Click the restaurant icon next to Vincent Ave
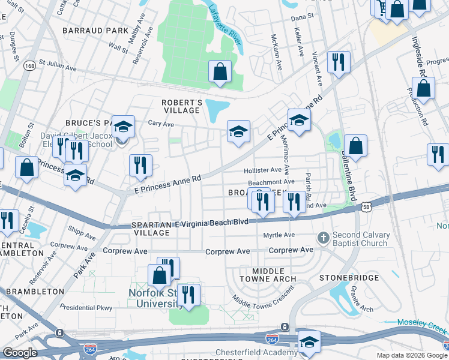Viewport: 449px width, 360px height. point(339,62)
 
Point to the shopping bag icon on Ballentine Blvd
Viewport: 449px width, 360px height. point(355,146)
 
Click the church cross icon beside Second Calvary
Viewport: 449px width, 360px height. point(324,238)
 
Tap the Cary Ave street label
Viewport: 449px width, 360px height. point(161,124)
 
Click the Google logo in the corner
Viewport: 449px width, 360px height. point(20,353)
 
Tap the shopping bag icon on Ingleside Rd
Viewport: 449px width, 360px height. point(423,88)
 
